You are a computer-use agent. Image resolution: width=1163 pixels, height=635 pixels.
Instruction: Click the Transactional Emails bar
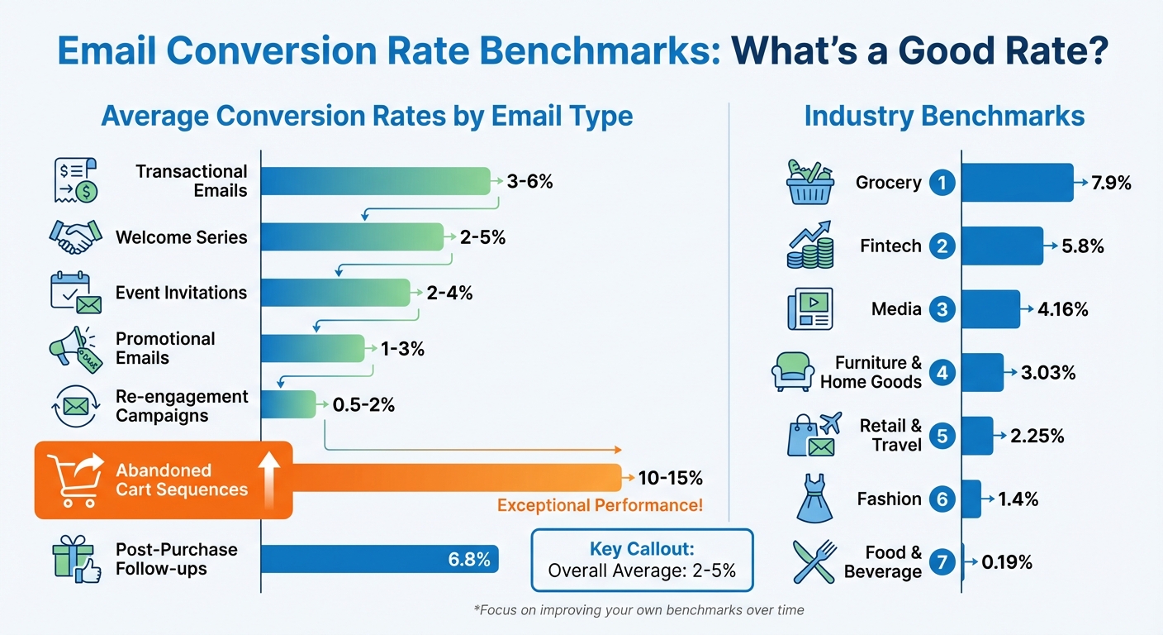376,181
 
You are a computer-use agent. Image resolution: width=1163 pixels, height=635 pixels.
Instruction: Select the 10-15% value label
670,478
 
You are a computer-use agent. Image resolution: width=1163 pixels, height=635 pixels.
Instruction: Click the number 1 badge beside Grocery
942,182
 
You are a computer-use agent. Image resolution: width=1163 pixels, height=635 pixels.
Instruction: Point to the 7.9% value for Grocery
1111,183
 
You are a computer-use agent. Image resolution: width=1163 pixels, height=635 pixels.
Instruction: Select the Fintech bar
1002,246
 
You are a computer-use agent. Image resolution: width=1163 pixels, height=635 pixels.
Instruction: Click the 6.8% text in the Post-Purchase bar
469,560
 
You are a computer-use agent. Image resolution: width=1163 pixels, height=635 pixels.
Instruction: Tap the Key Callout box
642,560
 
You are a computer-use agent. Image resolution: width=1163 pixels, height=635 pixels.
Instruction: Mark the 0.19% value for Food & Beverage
1007,563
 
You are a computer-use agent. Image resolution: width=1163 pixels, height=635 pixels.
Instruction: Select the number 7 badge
942,563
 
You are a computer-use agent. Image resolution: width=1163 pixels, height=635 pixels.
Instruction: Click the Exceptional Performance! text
600,505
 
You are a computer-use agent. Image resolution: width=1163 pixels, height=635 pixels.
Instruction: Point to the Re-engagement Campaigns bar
288,405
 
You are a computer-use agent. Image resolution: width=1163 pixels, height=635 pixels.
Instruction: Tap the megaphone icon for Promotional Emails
74,348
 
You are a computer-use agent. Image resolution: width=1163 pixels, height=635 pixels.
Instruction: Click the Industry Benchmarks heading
944,116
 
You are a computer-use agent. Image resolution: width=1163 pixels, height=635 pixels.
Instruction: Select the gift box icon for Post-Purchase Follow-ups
74,560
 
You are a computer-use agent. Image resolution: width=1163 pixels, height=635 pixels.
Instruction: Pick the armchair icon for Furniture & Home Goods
793,372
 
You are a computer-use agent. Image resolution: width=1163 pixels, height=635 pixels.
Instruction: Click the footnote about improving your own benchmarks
638,610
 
